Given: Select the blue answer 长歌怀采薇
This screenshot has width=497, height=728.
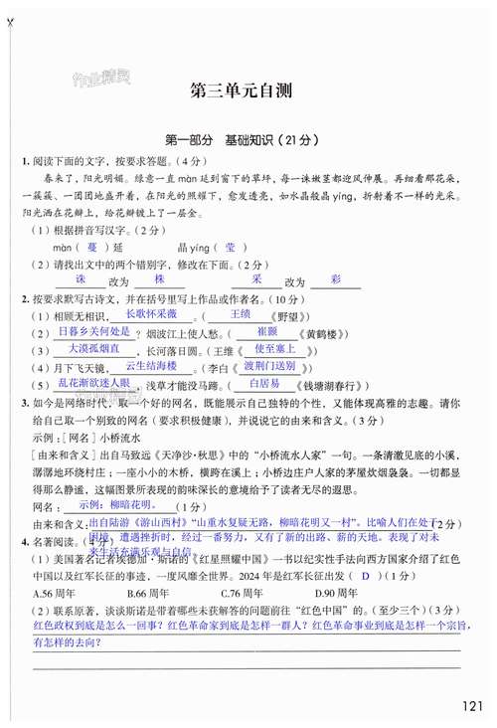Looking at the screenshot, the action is pyautogui.click(x=136, y=313).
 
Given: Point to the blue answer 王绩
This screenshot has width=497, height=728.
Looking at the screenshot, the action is pyautogui.click(x=240, y=313).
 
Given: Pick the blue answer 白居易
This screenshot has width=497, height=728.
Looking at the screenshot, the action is pyautogui.click(x=263, y=383).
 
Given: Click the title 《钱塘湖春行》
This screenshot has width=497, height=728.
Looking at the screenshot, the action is pyautogui.click(x=331, y=385).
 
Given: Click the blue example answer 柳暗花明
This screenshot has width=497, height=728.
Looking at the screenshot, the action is pyautogui.click(x=117, y=505).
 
